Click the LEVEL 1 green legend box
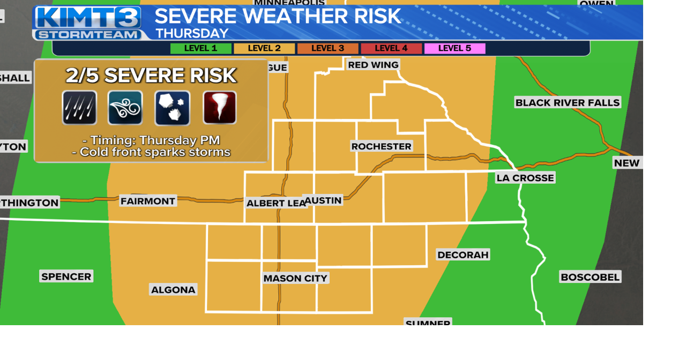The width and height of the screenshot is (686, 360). click(201, 49)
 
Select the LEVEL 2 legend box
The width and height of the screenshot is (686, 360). click(264, 49)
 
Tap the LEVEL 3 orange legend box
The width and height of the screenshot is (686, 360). click(327, 49)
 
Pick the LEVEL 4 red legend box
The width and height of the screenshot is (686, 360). click(391, 49)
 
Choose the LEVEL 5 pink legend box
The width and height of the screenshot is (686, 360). click(454, 49)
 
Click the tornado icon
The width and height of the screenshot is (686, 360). click(220, 108)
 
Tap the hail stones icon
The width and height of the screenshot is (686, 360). click(173, 108)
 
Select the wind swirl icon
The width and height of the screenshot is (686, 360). click(125, 108)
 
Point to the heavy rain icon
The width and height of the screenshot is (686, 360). click(79, 108)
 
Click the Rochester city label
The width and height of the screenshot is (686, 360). click(382, 146)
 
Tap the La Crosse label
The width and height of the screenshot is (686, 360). click(525, 178)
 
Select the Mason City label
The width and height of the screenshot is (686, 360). click(295, 279)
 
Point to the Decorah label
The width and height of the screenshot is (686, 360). click(463, 255)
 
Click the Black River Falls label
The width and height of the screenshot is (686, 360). click(568, 102)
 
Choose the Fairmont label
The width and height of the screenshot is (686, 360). click(148, 201)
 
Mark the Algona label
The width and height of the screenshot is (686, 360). click(173, 290)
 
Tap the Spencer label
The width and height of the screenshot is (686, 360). click(66, 276)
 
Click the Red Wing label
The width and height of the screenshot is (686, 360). click(373, 65)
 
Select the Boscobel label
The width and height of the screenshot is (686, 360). click(590, 277)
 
